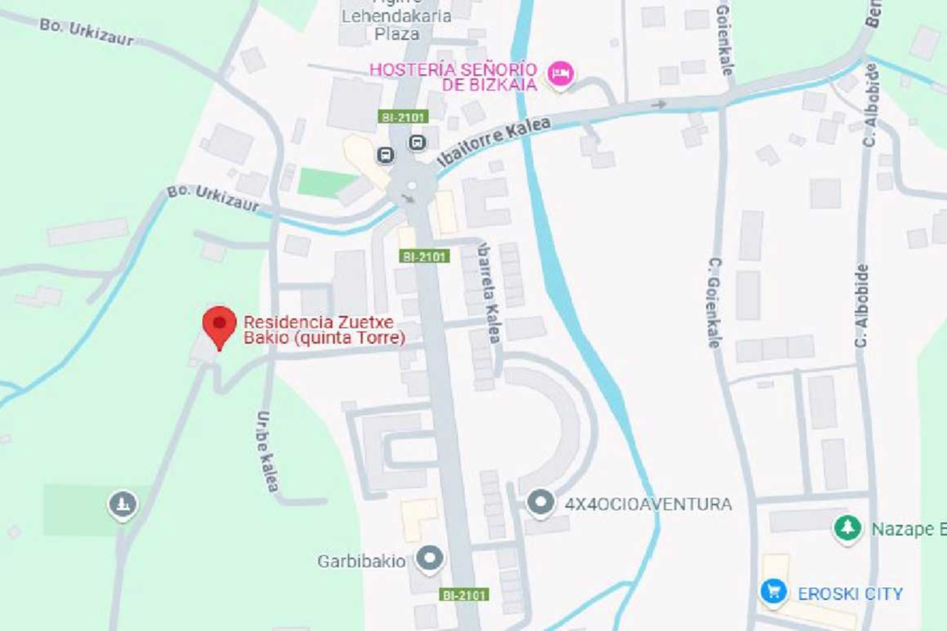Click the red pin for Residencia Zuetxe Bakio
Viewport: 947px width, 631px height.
tap(219, 325)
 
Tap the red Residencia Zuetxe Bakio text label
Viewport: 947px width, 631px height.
tap(324, 330)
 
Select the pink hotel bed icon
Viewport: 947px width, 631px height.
tap(560, 74)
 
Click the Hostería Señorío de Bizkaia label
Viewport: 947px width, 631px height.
tap(454, 77)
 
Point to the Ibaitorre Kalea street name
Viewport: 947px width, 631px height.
tap(494, 140)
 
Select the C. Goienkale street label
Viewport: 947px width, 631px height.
tap(714, 303)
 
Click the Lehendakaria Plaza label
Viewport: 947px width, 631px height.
tap(396, 25)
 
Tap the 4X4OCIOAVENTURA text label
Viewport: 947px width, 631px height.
tap(648, 504)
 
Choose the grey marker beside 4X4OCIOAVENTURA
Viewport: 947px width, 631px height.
tap(541, 502)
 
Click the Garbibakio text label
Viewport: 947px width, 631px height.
tap(361, 561)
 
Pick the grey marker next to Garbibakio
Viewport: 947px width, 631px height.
tap(430, 558)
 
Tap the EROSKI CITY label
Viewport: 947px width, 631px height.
tap(850, 594)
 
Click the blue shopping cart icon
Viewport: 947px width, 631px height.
tap(773, 591)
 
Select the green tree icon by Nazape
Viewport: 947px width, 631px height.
tap(847, 528)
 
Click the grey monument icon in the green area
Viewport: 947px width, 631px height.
tap(122, 504)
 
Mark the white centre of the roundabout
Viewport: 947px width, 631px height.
tap(412, 186)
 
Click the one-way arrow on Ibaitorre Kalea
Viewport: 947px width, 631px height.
tap(659, 105)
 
